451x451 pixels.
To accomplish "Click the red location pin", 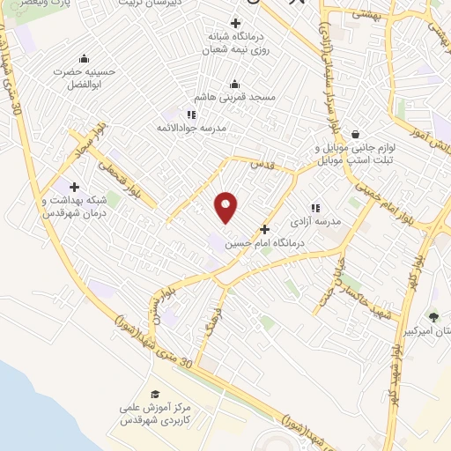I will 226,207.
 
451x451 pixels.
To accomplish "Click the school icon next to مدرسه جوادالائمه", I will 190,115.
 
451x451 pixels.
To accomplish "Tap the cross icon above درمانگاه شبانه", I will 234,24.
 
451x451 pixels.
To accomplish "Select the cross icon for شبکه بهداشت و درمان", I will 74,188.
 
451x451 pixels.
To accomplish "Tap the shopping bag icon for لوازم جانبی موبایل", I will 354,135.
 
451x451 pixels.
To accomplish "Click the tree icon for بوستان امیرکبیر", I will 433,316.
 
